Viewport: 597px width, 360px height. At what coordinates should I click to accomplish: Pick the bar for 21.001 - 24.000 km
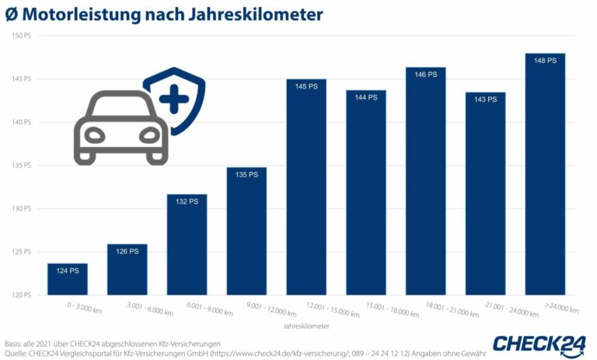[x=485, y=194]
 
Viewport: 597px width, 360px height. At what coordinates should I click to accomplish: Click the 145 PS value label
[x=306, y=86]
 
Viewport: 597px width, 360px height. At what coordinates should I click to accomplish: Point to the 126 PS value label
[x=127, y=251]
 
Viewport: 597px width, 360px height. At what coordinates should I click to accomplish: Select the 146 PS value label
[x=425, y=75]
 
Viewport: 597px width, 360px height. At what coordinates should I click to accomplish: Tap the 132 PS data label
[x=187, y=201]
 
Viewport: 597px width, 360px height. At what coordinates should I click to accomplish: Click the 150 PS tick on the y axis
[x=21, y=36]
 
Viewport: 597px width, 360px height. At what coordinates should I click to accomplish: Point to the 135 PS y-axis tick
[x=21, y=166]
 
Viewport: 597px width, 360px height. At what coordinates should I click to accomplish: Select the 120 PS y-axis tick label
[x=21, y=295]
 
